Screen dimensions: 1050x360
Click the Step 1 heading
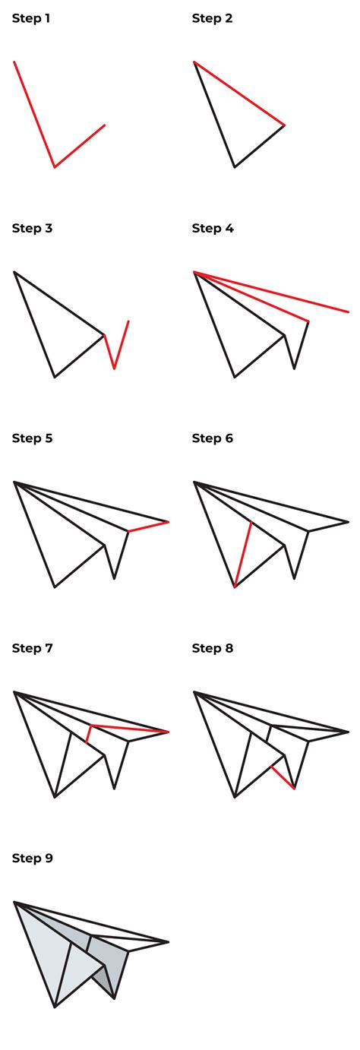click(31, 18)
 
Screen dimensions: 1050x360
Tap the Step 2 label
click(211, 18)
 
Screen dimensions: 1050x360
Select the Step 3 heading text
click(32, 228)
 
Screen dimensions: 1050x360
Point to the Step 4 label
click(212, 228)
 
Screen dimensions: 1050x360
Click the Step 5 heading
click(32, 438)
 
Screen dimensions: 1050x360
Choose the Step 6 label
click(212, 438)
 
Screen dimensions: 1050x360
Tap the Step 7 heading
click(32, 648)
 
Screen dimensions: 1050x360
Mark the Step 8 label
click(212, 648)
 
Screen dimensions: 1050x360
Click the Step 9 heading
click(32, 858)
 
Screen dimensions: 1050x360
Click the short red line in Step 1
click(80, 146)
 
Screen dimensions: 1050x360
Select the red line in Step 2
click(239, 93)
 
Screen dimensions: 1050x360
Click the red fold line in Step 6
click(242, 555)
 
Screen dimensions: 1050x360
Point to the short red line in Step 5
click(148, 527)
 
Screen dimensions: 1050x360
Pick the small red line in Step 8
click(283, 777)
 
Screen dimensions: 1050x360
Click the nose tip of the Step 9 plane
click(15, 903)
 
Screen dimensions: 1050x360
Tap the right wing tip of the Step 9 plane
click(168, 942)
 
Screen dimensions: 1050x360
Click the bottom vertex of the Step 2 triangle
click(234, 166)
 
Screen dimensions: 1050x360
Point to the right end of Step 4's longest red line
click(348, 312)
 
